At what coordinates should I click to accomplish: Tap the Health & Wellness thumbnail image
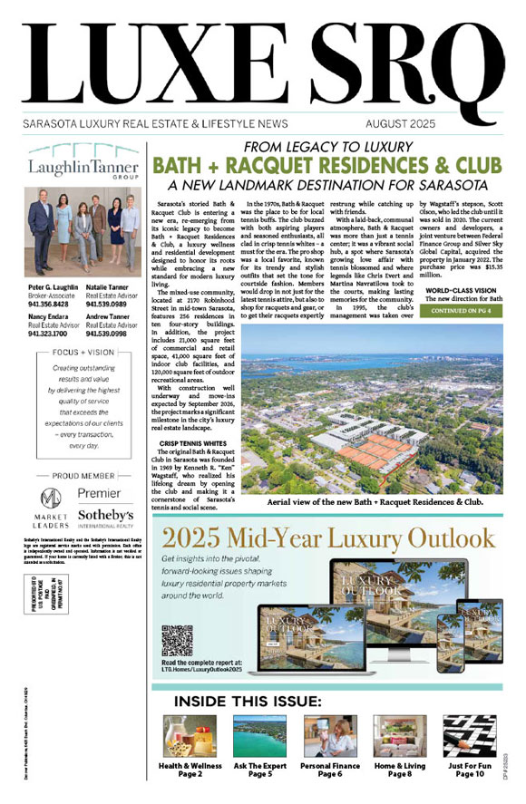coord(181,736)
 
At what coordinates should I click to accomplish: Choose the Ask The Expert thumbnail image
coord(255,736)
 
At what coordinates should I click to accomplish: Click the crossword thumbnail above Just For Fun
coord(468,736)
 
